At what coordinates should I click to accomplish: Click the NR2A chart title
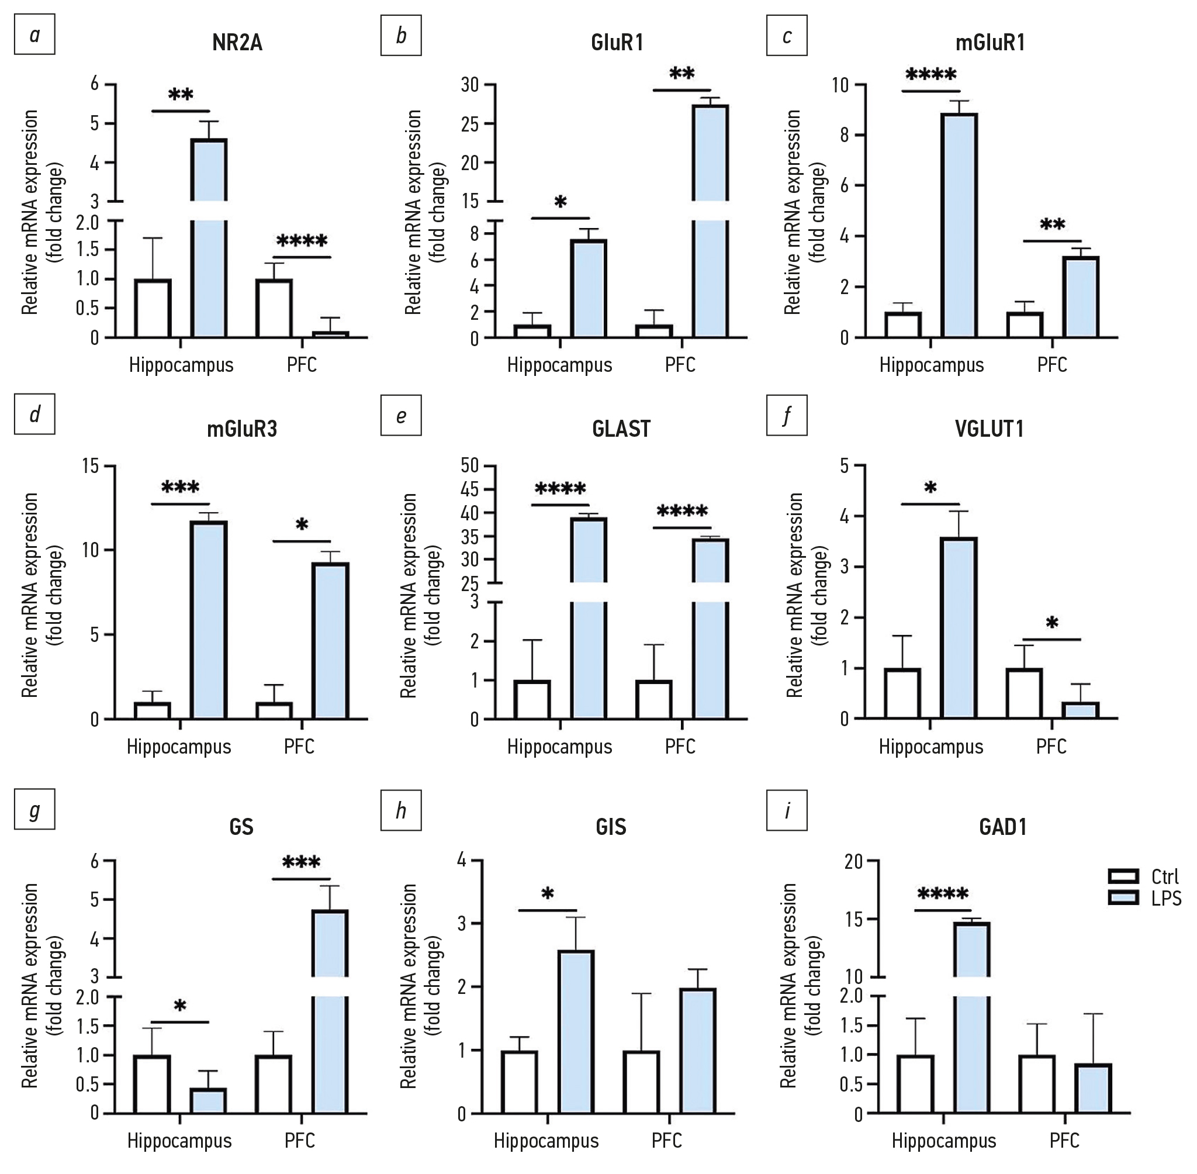point(237,43)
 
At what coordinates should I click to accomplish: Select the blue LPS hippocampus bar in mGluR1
point(959,225)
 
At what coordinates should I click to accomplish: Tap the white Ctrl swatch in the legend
point(1123,877)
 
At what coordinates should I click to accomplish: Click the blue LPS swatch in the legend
point(1123,899)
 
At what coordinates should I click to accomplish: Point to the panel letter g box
point(34,809)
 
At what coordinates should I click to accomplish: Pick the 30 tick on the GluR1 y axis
point(470,84)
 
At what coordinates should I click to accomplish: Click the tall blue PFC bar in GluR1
point(710,222)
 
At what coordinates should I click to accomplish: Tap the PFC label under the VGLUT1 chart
point(1051,747)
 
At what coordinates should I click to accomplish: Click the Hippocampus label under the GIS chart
point(546,1141)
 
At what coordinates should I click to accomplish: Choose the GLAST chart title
point(621,429)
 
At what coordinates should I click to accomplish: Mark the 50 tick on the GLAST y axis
point(470,465)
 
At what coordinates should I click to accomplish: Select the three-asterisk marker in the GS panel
point(301,862)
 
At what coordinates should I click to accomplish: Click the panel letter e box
point(402,416)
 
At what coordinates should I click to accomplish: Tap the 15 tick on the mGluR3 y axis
point(91,465)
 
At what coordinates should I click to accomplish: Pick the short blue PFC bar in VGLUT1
point(1080,710)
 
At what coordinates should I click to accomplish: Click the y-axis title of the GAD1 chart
point(801,986)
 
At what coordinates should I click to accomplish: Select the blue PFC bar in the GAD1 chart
point(1093,1089)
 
